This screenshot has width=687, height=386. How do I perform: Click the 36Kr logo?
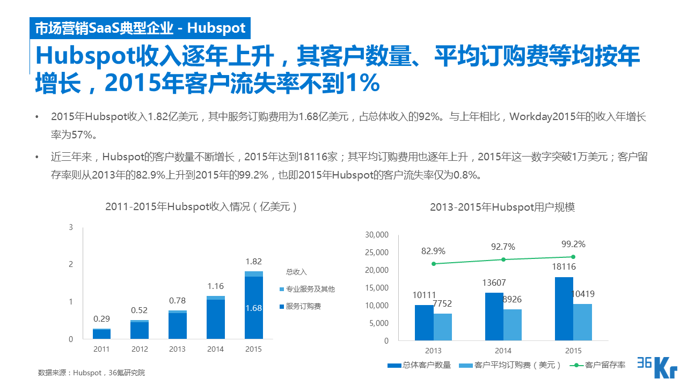tap(657, 367)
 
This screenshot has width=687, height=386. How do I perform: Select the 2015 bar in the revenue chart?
tap(253, 306)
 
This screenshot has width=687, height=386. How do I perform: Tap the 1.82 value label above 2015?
tap(253, 262)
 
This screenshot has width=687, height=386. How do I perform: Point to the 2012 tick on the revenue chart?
tap(140, 349)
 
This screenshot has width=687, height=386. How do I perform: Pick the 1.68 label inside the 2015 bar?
tap(253, 308)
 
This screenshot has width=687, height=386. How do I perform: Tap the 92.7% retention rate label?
tap(503, 247)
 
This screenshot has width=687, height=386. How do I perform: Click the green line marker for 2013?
tap(434, 264)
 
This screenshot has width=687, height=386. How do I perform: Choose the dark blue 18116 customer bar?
tap(564, 309)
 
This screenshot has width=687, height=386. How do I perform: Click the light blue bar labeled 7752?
tap(443, 327)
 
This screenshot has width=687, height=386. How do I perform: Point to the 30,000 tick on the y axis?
tap(376, 235)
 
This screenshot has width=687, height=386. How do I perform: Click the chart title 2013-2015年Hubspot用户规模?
tap(502, 207)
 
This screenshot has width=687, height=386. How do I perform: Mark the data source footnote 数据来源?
tap(92, 373)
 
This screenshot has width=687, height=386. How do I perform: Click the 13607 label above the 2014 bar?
tap(494, 283)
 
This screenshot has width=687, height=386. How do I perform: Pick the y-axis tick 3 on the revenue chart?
tap(71, 227)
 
